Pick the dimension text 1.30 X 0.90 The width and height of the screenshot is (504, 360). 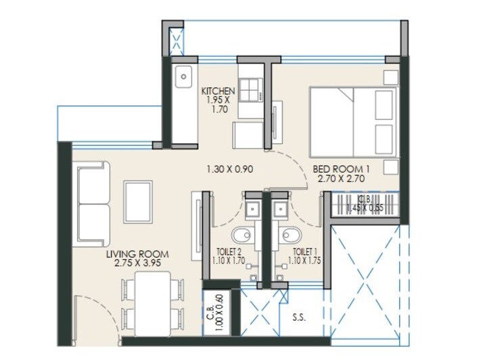[230, 170]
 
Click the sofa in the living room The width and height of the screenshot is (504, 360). [93, 205]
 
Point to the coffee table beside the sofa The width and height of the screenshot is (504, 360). [139, 200]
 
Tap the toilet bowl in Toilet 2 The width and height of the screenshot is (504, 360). [241, 235]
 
